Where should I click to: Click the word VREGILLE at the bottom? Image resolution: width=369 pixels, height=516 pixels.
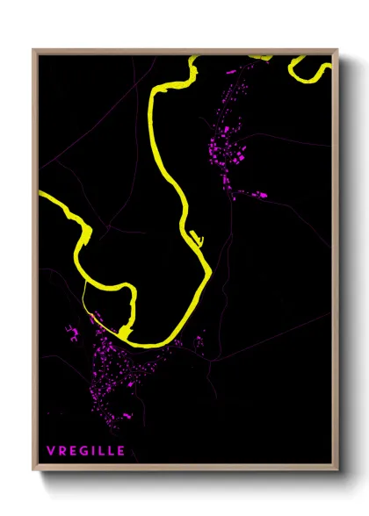(x=86, y=451)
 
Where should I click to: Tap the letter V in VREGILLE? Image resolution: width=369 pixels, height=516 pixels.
(x=52, y=451)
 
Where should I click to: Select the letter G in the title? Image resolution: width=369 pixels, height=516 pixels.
(x=83, y=451)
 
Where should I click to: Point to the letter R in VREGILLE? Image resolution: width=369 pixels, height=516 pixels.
(x=62, y=451)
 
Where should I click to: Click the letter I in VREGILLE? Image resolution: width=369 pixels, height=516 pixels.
(x=92, y=451)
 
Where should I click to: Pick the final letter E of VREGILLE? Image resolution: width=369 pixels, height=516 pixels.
(x=120, y=451)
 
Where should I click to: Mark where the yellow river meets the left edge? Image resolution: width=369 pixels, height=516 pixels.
(x=42, y=194)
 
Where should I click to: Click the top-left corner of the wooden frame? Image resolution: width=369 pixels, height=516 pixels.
(x=34, y=51)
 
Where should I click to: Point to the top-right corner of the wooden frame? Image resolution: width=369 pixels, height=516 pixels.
(x=336, y=51)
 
